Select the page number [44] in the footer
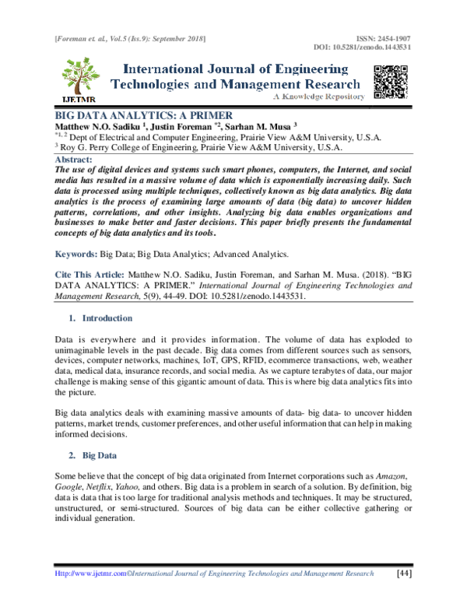(403, 574)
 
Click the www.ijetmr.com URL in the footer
(93, 574)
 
